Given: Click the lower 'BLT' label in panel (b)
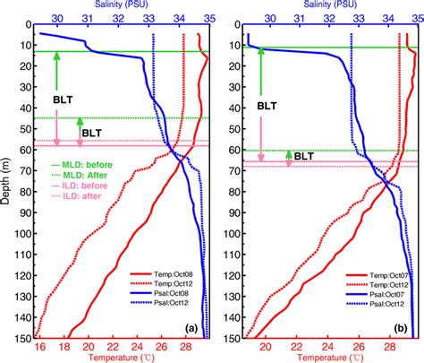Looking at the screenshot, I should pyautogui.click(x=304, y=155).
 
